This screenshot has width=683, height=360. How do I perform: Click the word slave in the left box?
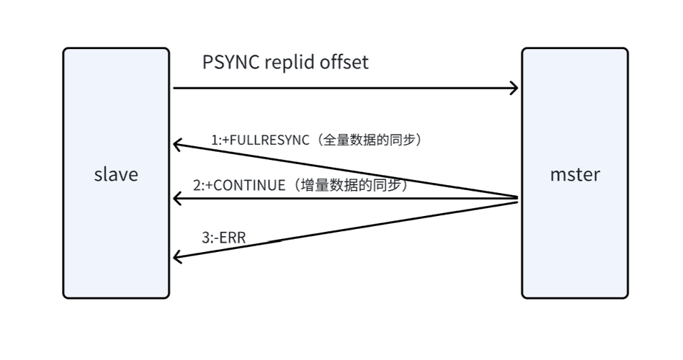[x=116, y=174]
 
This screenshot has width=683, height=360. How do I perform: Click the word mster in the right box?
[x=575, y=174]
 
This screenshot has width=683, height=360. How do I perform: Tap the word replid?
[x=290, y=63]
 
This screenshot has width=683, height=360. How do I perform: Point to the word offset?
[x=344, y=63]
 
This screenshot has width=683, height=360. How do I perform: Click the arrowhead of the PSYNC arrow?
[x=514, y=89]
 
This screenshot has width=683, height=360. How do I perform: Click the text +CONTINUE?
[x=245, y=185]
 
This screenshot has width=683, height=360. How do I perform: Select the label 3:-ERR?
[x=224, y=238]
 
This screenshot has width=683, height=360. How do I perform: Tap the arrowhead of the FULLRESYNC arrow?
[x=177, y=145]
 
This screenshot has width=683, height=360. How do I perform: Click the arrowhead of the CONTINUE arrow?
[x=177, y=198]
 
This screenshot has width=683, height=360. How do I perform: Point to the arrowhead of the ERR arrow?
[x=177, y=256]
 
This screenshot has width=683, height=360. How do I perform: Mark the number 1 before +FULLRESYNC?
[x=215, y=140]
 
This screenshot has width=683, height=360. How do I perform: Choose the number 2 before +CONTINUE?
[x=197, y=185]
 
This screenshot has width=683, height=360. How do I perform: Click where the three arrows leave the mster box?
[x=517, y=199]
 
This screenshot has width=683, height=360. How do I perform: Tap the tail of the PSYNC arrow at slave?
[x=175, y=89]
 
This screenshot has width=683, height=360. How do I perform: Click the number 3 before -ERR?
[x=205, y=238]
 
